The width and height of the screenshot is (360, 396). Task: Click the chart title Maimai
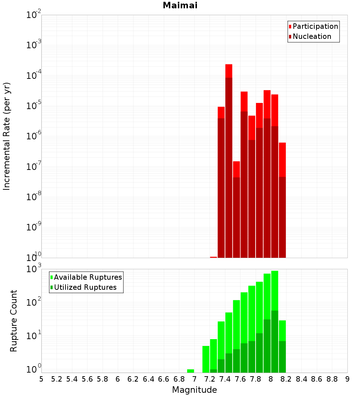point(180,6)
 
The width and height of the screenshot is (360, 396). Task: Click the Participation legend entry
point(315,27)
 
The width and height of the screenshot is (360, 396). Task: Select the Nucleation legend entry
point(312,37)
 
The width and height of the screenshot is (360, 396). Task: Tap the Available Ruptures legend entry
point(87,278)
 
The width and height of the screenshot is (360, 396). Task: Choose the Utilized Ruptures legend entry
point(85,288)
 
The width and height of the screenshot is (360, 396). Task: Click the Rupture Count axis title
point(14,321)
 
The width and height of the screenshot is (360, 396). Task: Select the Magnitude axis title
point(194,390)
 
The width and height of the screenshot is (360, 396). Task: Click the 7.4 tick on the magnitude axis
point(225,379)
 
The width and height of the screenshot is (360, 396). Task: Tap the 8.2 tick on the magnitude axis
point(286,379)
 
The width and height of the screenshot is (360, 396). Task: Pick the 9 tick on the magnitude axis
point(347,379)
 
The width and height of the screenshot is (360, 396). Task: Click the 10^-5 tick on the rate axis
point(34,106)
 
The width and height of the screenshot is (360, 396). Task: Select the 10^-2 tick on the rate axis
point(34,15)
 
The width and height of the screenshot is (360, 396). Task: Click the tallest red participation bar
point(229,71)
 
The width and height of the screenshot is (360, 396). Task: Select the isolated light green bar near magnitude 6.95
point(190,371)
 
